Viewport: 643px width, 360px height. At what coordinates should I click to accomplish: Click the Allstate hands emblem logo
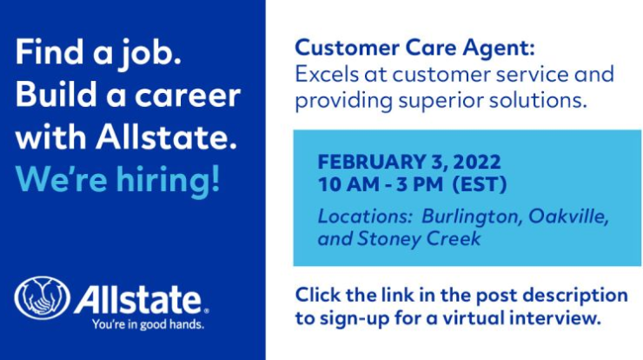(x=43, y=297)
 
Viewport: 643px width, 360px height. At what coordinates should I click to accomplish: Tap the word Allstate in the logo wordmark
(x=138, y=300)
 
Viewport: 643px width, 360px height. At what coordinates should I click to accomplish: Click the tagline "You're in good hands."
(x=148, y=324)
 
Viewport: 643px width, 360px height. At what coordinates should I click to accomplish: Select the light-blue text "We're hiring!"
(x=118, y=179)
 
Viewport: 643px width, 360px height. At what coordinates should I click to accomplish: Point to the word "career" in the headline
(x=188, y=96)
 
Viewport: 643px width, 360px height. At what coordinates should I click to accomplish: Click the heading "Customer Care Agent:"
(x=415, y=48)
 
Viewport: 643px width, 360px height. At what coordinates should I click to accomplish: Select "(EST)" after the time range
(x=480, y=184)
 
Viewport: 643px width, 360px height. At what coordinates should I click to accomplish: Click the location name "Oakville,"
(x=569, y=217)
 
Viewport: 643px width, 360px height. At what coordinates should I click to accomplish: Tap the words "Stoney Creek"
(x=419, y=239)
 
